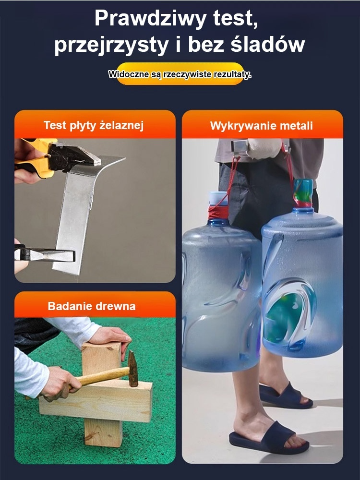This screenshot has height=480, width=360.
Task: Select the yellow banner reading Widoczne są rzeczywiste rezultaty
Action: pyautogui.click(x=180, y=74)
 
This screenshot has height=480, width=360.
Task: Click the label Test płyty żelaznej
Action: pyautogui.click(x=94, y=126)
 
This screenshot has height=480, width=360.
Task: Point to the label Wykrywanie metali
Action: pyautogui.click(x=262, y=126)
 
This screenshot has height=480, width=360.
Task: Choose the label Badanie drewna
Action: pyautogui.click(x=92, y=306)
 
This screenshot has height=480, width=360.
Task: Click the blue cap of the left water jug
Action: pyautogui.click(x=218, y=198)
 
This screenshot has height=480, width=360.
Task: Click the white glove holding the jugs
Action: pyautogui.click(x=262, y=149)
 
